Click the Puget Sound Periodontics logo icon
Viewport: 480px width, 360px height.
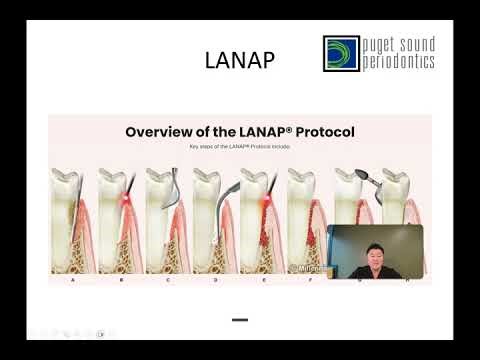(x=341, y=53)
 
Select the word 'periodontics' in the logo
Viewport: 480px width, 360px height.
(x=399, y=62)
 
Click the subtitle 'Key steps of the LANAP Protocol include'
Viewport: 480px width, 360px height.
(x=239, y=146)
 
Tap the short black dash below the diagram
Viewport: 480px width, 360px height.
(x=239, y=320)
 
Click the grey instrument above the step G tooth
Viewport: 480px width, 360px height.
(x=349, y=176)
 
